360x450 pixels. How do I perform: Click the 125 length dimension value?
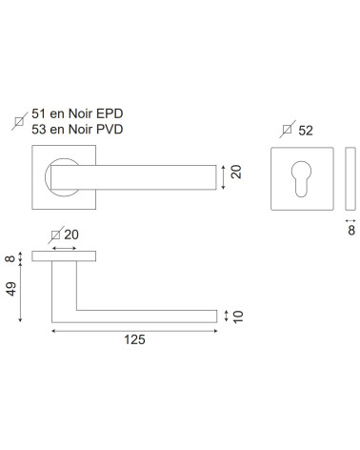(134, 339)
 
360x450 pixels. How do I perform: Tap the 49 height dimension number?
(11, 289)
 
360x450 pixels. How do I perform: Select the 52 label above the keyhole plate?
(306, 131)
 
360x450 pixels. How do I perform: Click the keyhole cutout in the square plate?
(301, 178)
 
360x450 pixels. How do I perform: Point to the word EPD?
(110, 113)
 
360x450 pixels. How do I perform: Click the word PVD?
(110, 129)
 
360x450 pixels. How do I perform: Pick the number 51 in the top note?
(39, 113)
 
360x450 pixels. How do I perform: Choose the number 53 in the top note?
(39, 129)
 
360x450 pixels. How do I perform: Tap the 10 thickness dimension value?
(238, 317)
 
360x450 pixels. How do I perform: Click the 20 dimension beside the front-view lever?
(236, 172)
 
